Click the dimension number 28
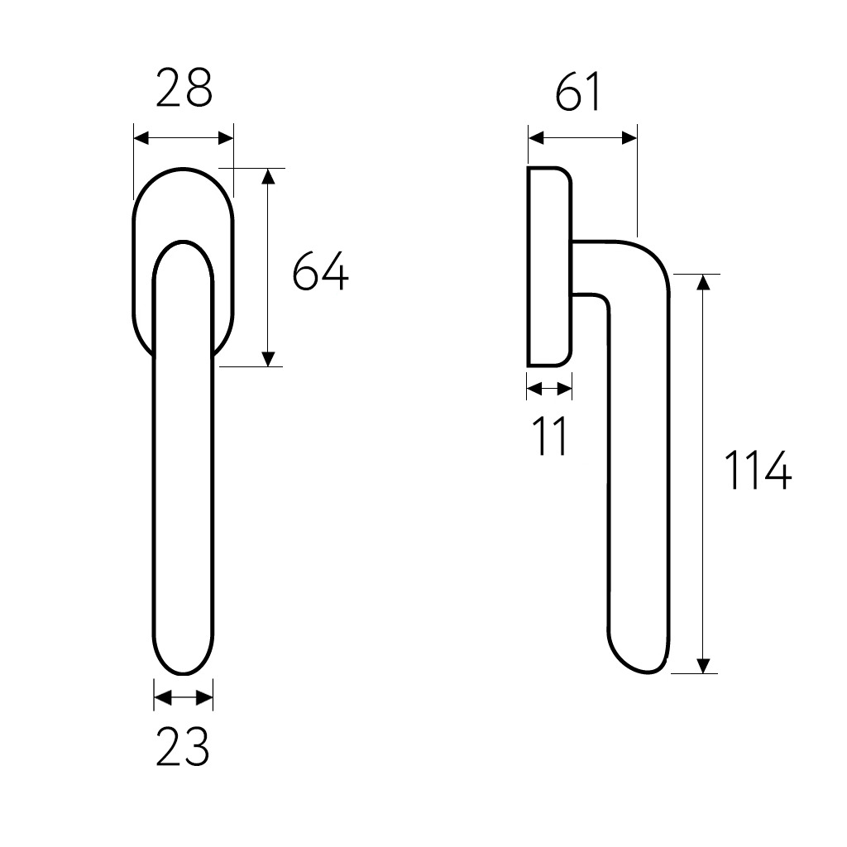point(184,88)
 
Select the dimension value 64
point(321,270)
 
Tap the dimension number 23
point(183,747)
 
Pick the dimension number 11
point(550,436)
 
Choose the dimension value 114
point(757,471)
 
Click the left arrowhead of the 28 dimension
point(141,138)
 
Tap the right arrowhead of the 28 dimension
point(226,138)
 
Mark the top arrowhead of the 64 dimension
point(269,176)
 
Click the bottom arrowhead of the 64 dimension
point(269,359)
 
